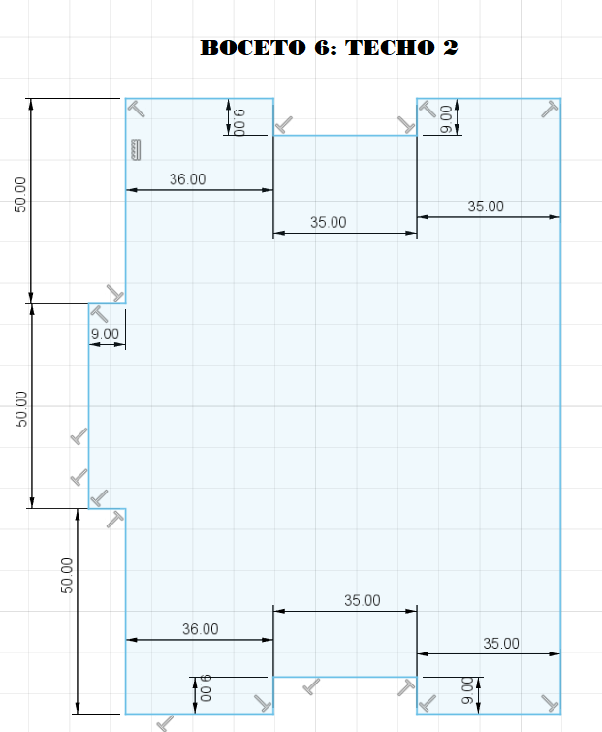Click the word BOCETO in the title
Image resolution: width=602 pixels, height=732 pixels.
coord(253,48)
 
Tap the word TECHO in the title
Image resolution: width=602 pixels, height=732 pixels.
coord(390,48)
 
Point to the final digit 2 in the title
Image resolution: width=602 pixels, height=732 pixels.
coord(451,48)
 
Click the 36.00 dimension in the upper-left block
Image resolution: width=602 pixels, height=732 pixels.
coord(188,179)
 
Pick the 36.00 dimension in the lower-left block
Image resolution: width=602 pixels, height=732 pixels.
coord(201,629)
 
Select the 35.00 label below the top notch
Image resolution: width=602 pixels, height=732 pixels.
coord(329,222)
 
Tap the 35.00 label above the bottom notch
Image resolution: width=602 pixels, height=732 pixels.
coord(363,600)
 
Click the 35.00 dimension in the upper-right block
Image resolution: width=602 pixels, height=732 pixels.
coord(486,207)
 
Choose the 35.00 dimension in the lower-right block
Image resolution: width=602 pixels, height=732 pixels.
coord(501,644)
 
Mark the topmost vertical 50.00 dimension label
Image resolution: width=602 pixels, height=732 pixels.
coord(20,195)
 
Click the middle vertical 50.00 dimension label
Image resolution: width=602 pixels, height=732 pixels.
coord(21,409)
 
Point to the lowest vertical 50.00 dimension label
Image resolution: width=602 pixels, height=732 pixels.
coord(67,576)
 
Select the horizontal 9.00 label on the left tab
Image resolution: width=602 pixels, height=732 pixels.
coord(105,334)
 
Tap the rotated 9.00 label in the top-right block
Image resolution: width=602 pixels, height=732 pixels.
coord(446,119)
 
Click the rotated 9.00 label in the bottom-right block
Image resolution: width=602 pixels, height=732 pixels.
coord(466,690)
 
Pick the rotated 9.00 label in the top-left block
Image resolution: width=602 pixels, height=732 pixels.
coord(238,122)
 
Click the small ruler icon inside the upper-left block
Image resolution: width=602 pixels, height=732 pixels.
coord(137,150)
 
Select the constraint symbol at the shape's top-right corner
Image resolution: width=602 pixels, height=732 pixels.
coord(550,110)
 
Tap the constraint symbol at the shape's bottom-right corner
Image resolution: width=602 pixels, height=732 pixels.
coord(551,703)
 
